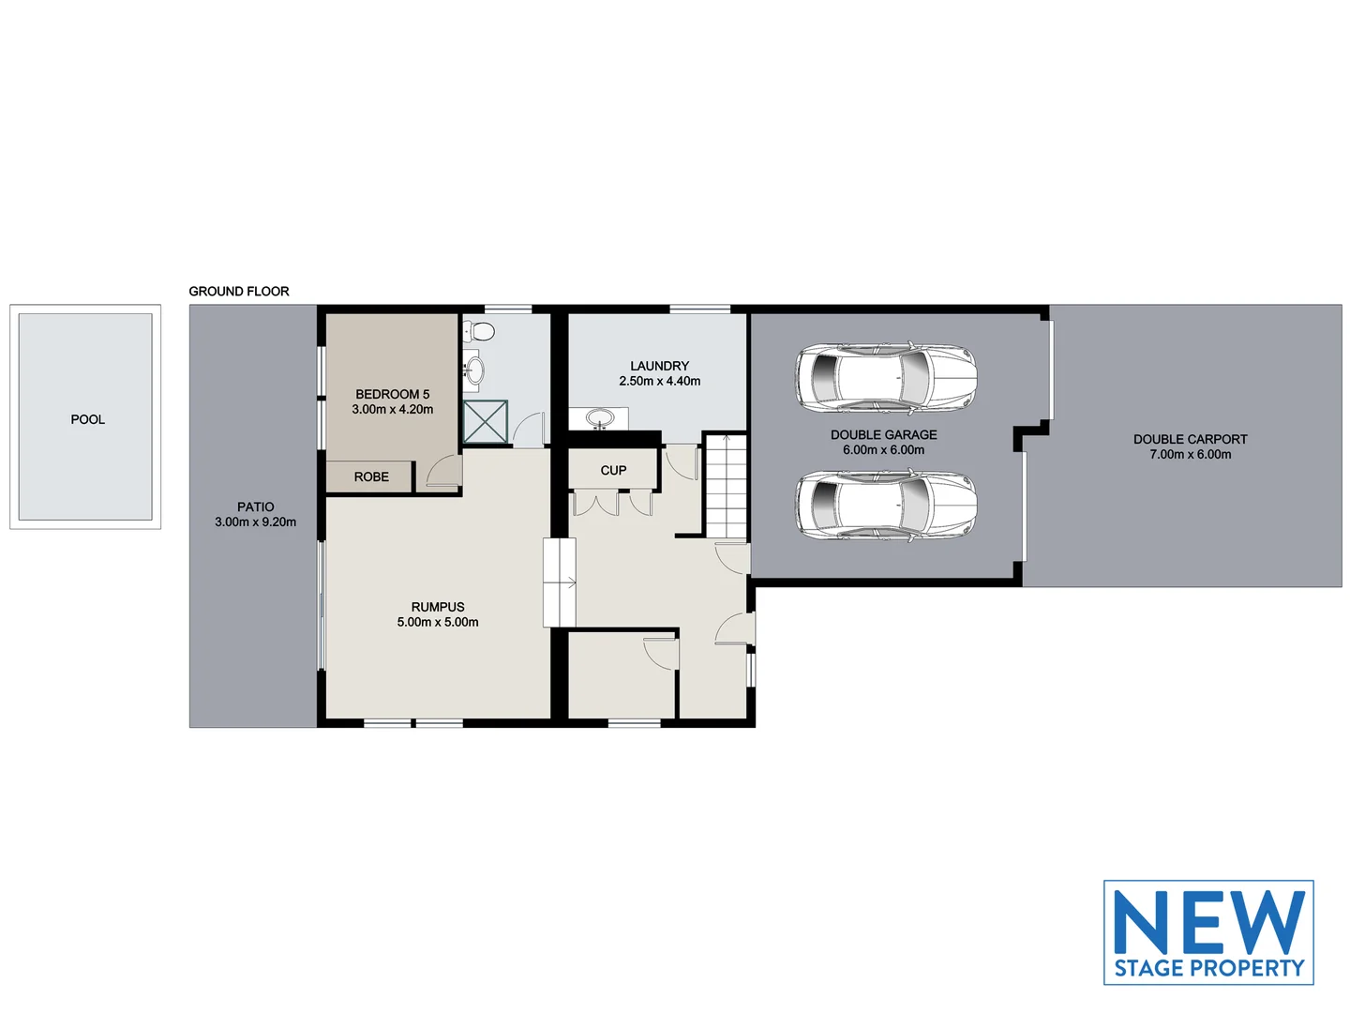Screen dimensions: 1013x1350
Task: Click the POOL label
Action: (88, 419)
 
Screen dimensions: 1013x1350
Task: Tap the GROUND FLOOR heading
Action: (239, 292)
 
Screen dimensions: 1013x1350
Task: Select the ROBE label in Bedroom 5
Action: (371, 476)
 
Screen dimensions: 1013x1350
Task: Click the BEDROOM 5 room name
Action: (392, 395)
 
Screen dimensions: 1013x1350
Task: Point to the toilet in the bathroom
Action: (481, 332)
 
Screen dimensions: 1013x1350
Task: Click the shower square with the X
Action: (486, 421)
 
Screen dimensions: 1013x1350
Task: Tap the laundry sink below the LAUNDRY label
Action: (599, 417)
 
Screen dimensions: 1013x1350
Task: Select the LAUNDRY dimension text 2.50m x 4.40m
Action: (659, 382)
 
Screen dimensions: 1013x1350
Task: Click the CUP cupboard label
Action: (613, 471)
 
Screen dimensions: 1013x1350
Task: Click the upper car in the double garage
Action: (886, 377)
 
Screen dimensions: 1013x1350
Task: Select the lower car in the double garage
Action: (886, 505)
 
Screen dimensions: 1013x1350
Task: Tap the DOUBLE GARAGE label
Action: (883, 435)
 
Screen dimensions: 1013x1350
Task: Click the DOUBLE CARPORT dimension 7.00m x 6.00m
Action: (1190, 455)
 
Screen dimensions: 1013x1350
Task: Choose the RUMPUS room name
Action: (438, 607)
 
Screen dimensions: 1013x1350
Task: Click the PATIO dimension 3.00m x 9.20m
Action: (255, 522)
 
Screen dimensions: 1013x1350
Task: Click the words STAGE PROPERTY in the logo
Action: (1208, 968)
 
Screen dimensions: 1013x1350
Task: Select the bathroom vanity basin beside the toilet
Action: (473, 369)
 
